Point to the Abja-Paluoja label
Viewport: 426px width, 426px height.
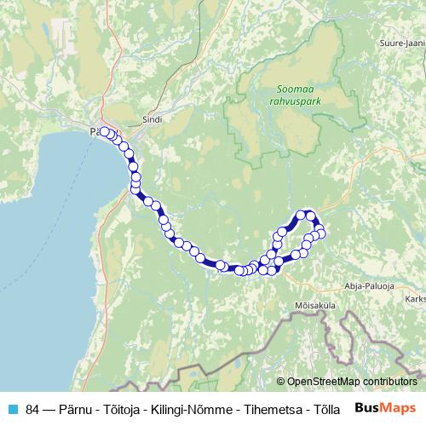point(371,287)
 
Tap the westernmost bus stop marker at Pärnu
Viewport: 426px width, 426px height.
point(104,131)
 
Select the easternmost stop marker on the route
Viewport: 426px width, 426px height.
point(321,233)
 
